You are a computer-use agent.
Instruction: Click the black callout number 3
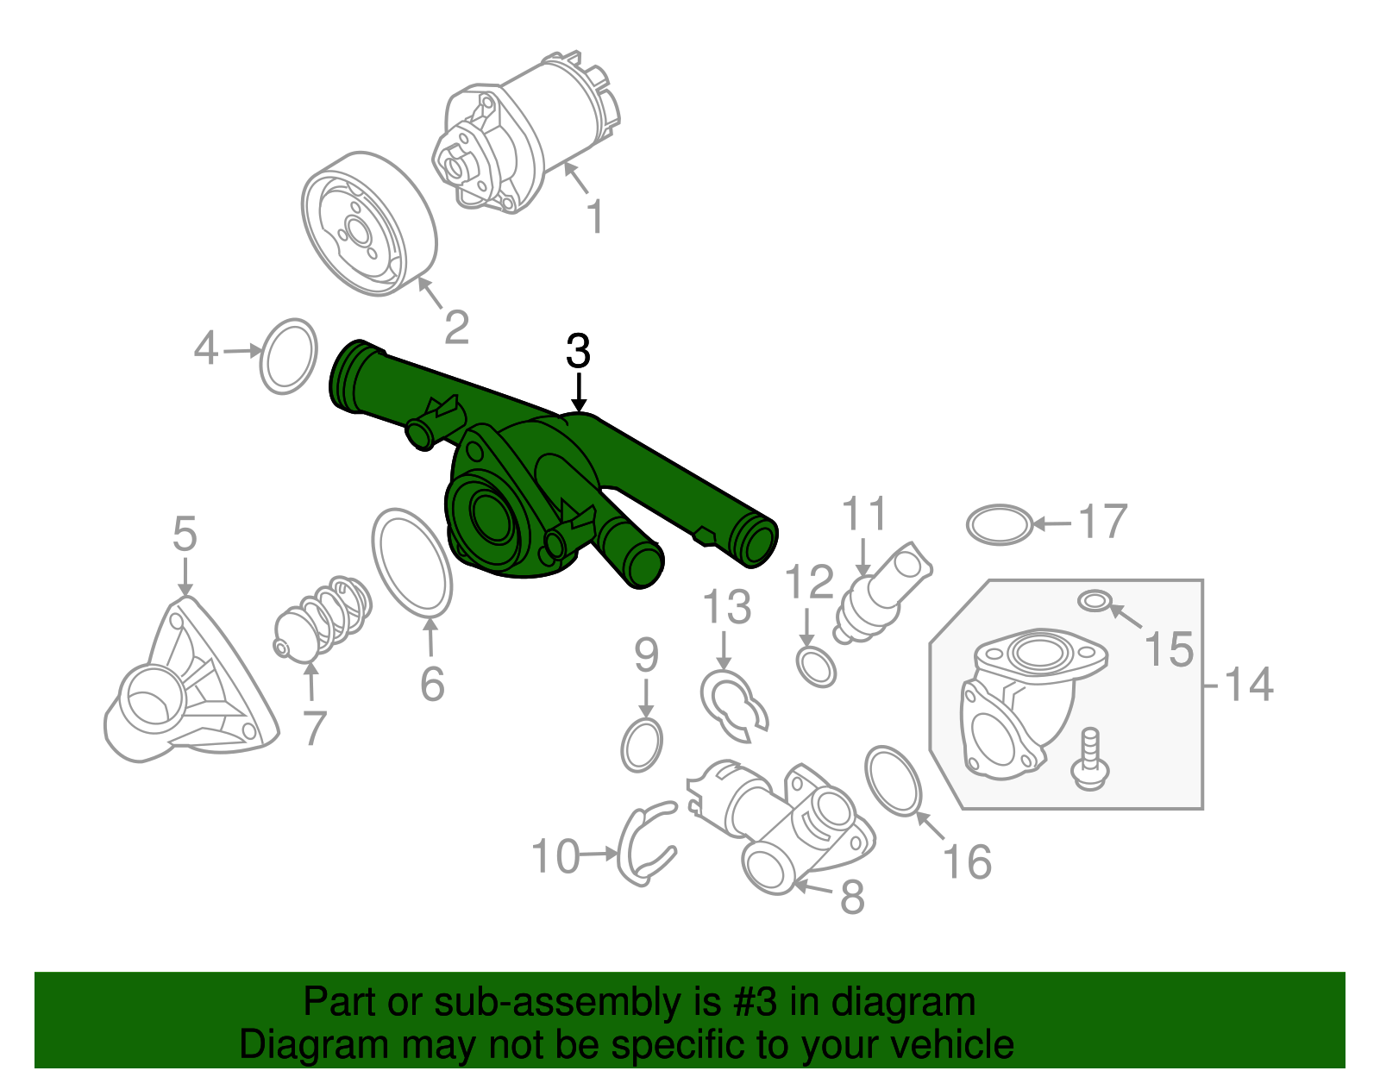tap(578, 352)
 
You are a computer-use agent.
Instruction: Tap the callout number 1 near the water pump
tap(594, 216)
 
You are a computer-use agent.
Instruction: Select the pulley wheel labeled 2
tap(368, 224)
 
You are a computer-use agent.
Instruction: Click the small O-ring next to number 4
tap(288, 356)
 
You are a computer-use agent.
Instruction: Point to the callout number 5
tap(185, 535)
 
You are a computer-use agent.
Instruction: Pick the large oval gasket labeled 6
tap(412, 562)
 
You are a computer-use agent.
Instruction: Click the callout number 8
tap(851, 897)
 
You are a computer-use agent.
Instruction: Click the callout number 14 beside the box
tap(1248, 685)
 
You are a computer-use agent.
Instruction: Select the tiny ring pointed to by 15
tap(1094, 600)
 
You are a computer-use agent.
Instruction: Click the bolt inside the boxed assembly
tap(1089, 759)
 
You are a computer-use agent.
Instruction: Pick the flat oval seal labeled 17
tap(999, 524)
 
